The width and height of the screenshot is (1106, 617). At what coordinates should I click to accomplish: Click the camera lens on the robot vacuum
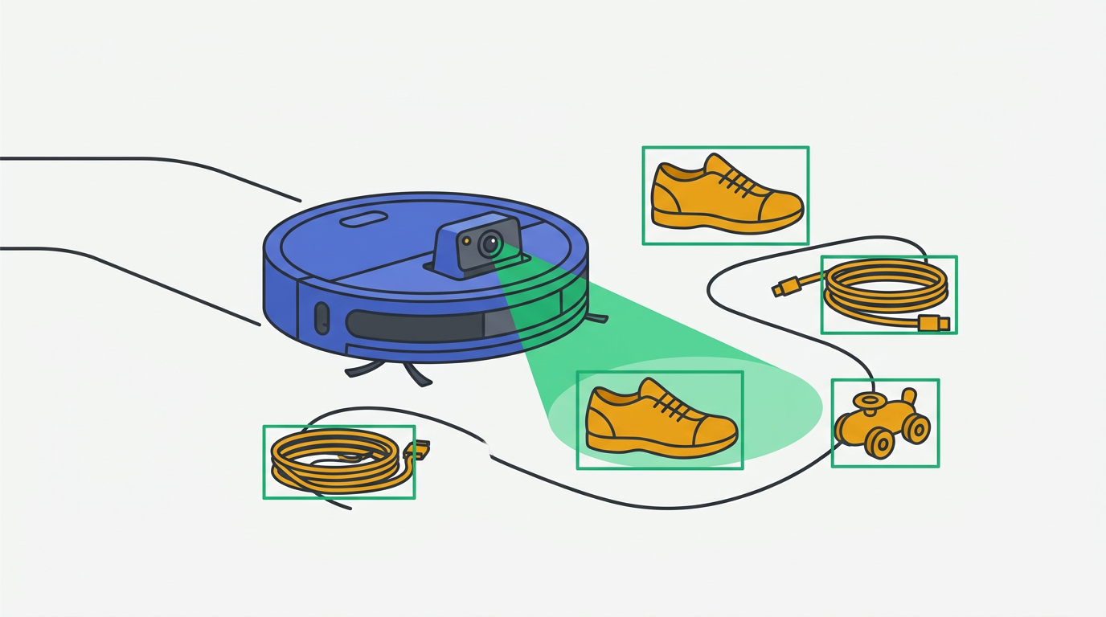[490, 243]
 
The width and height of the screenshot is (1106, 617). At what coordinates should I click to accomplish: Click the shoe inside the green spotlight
[659, 419]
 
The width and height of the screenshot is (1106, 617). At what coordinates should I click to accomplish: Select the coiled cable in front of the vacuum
[334, 459]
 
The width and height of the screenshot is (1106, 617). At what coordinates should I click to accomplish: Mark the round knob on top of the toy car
[865, 399]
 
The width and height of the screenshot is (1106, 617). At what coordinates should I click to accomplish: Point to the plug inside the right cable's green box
[934, 324]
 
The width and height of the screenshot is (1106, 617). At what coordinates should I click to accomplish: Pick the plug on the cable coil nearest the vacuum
[417, 450]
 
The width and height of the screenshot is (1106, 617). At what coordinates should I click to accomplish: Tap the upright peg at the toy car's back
[909, 398]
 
